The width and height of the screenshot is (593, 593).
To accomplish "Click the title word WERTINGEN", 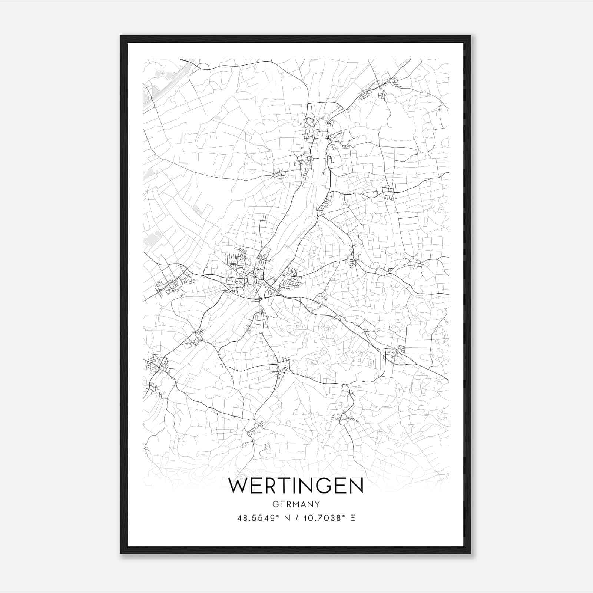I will [296, 486].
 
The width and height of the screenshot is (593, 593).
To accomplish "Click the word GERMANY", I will [296, 504].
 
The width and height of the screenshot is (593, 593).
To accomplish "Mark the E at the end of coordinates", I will [352, 518].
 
